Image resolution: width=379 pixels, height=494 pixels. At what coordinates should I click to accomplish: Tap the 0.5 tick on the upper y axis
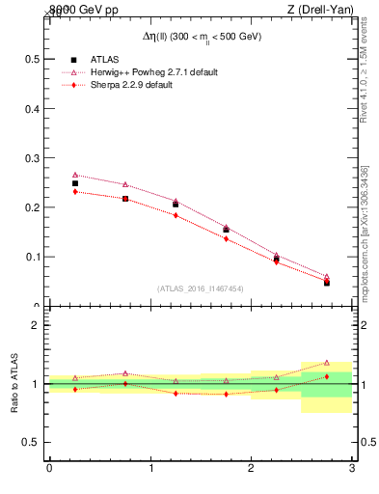point(31,107)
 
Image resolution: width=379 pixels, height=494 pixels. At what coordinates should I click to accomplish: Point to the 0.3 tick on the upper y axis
point(31,157)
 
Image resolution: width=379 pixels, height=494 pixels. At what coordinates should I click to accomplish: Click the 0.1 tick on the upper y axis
point(31,257)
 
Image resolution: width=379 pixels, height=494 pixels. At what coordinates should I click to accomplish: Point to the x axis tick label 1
point(150,468)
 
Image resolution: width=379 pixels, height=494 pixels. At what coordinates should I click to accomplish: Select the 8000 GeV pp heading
point(82,11)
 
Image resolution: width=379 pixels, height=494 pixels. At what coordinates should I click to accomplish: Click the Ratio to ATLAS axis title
point(14,384)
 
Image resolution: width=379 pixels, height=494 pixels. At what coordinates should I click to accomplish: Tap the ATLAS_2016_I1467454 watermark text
point(200,288)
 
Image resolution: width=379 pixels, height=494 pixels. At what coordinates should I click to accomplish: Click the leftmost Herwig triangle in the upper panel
point(75,176)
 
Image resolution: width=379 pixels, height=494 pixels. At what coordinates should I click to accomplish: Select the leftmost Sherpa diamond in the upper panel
point(75,192)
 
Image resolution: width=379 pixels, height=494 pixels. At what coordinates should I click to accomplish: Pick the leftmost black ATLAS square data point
point(75,183)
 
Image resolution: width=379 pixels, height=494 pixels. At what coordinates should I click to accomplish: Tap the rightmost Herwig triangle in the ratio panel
point(326,363)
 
